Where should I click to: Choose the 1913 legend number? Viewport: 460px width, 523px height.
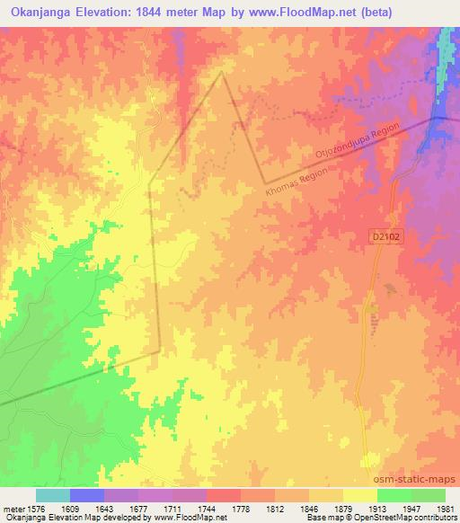(362, 508)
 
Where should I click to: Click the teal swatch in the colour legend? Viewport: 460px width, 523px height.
(52, 495)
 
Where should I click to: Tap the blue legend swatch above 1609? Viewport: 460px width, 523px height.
(87, 495)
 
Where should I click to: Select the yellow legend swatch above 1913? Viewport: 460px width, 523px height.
(359, 495)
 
